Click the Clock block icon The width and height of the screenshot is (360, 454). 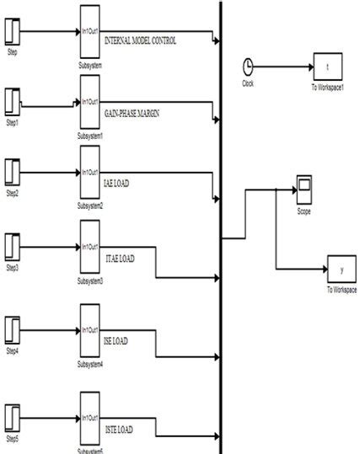tap(248, 67)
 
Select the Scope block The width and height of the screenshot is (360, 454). tap(304, 187)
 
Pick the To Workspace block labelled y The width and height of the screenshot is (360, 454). tap(341, 270)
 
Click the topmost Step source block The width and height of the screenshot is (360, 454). tap(13, 32)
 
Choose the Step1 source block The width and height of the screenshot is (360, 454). tap(13, 102)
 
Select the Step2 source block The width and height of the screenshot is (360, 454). tap(13, 173)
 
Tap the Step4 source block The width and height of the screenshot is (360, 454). tap(13, 328)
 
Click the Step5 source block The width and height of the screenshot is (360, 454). tap(13, 419)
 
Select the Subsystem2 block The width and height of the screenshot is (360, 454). tap(90, 172)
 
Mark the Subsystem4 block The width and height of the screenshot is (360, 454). tap(90, 329)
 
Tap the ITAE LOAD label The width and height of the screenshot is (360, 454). tap(120, 258)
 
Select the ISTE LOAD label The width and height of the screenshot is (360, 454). tap(119, 430)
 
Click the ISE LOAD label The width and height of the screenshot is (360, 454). tap(116, 340)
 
